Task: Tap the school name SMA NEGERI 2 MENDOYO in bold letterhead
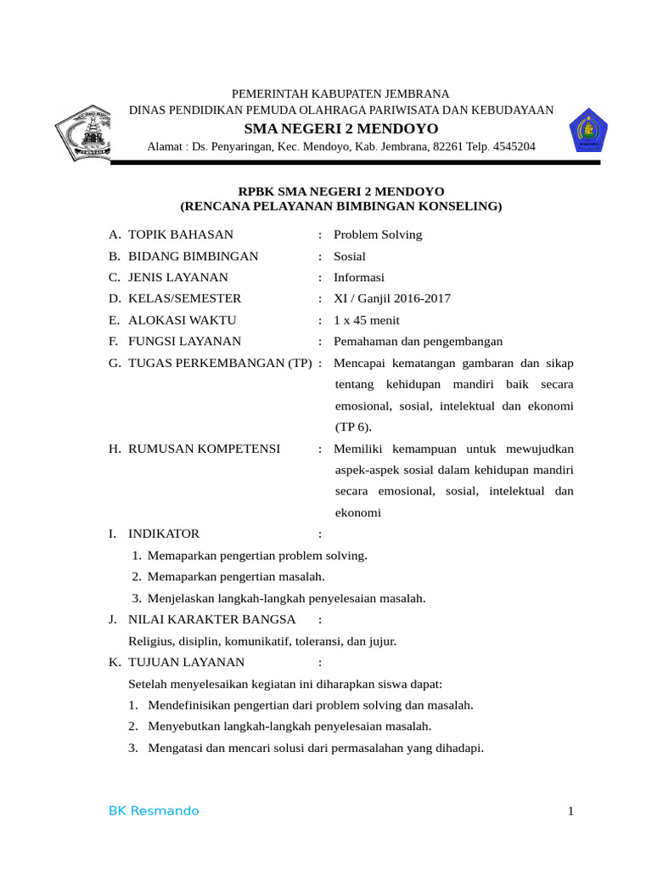(x=341, y=128)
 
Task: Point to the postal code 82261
(x=447, y=147)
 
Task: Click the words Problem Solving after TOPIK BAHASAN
(x=378, y=234)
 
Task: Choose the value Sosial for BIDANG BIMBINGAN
(x=350, y=256)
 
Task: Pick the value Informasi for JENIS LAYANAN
(x=359, y=277)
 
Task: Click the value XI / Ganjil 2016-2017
(x=392, y=298)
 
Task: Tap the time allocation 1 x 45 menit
(x=367, y=320)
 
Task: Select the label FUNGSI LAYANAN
(x=184, y=342)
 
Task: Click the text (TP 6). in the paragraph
(x=353, y=427)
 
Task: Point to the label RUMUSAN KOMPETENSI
(x=204, y=449)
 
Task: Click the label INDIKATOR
(x=164, y=534)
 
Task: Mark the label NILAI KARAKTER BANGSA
(x=211, y=619)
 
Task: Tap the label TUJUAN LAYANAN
(x=186, y=662)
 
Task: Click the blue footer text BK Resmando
(x=154, y=811)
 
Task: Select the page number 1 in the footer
(x=571, y=811)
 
